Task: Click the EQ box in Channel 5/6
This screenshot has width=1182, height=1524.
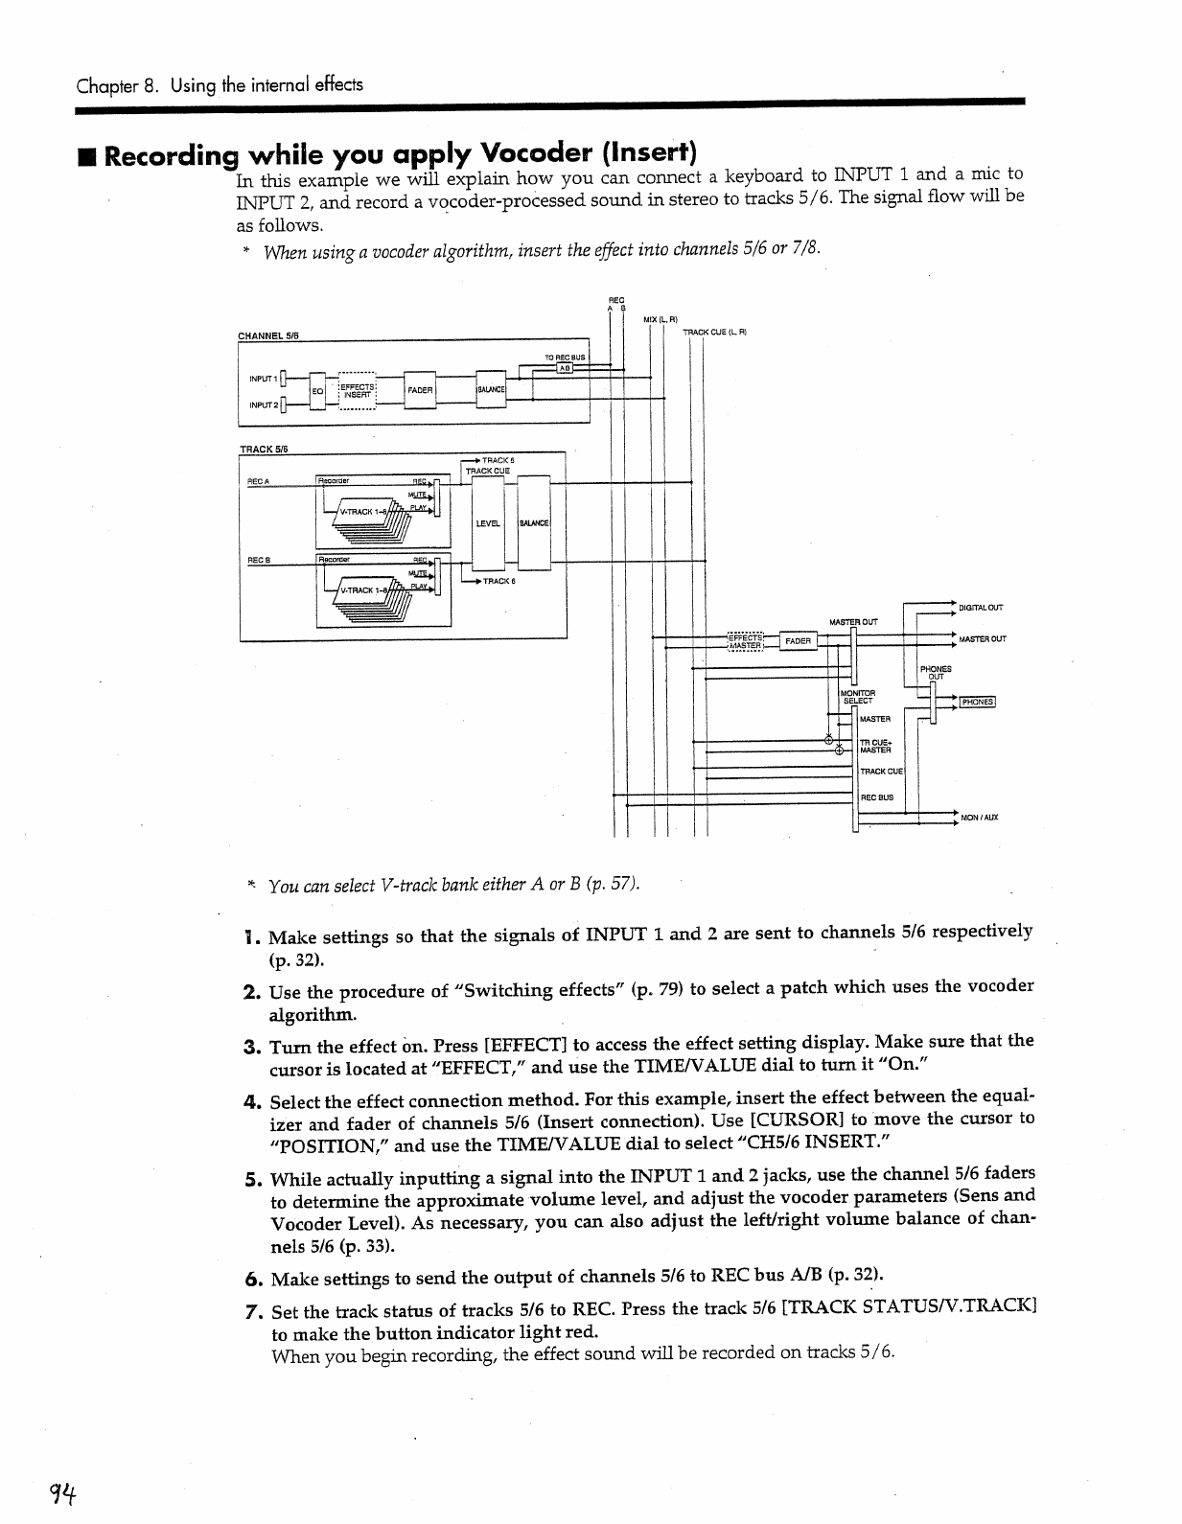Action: [315, 390]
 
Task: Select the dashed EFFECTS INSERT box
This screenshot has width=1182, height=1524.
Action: [357, 390]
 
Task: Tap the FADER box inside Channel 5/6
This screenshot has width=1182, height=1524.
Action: [420, 390]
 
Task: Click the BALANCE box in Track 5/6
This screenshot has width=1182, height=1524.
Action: [533, 523]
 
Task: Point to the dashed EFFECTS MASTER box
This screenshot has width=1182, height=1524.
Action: [745, 640]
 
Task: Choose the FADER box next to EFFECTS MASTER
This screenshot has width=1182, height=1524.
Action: [798, 640]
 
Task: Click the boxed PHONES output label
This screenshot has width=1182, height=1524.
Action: [977, 702]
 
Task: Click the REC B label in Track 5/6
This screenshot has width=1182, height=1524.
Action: [258, 560]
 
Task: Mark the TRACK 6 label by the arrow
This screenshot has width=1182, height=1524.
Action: [498, 581]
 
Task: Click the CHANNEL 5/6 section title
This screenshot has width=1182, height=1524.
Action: [268, 335]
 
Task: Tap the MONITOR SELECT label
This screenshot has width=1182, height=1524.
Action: [857, 696]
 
